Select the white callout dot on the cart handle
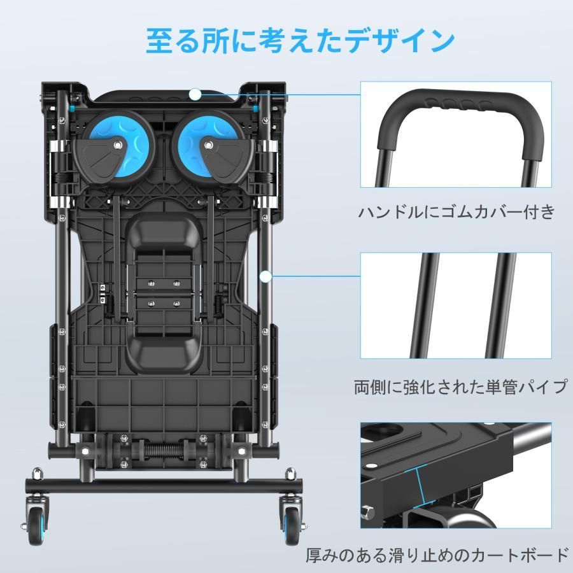pos(195,94)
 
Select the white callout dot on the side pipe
pos(266,277)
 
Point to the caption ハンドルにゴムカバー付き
pos(456,212)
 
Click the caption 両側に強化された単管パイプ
pos(460,386)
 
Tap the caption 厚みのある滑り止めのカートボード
pos(437,555)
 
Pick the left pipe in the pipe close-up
pos(425,306)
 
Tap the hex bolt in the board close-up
pos(367,512)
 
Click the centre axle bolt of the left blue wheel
pos(117,145)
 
